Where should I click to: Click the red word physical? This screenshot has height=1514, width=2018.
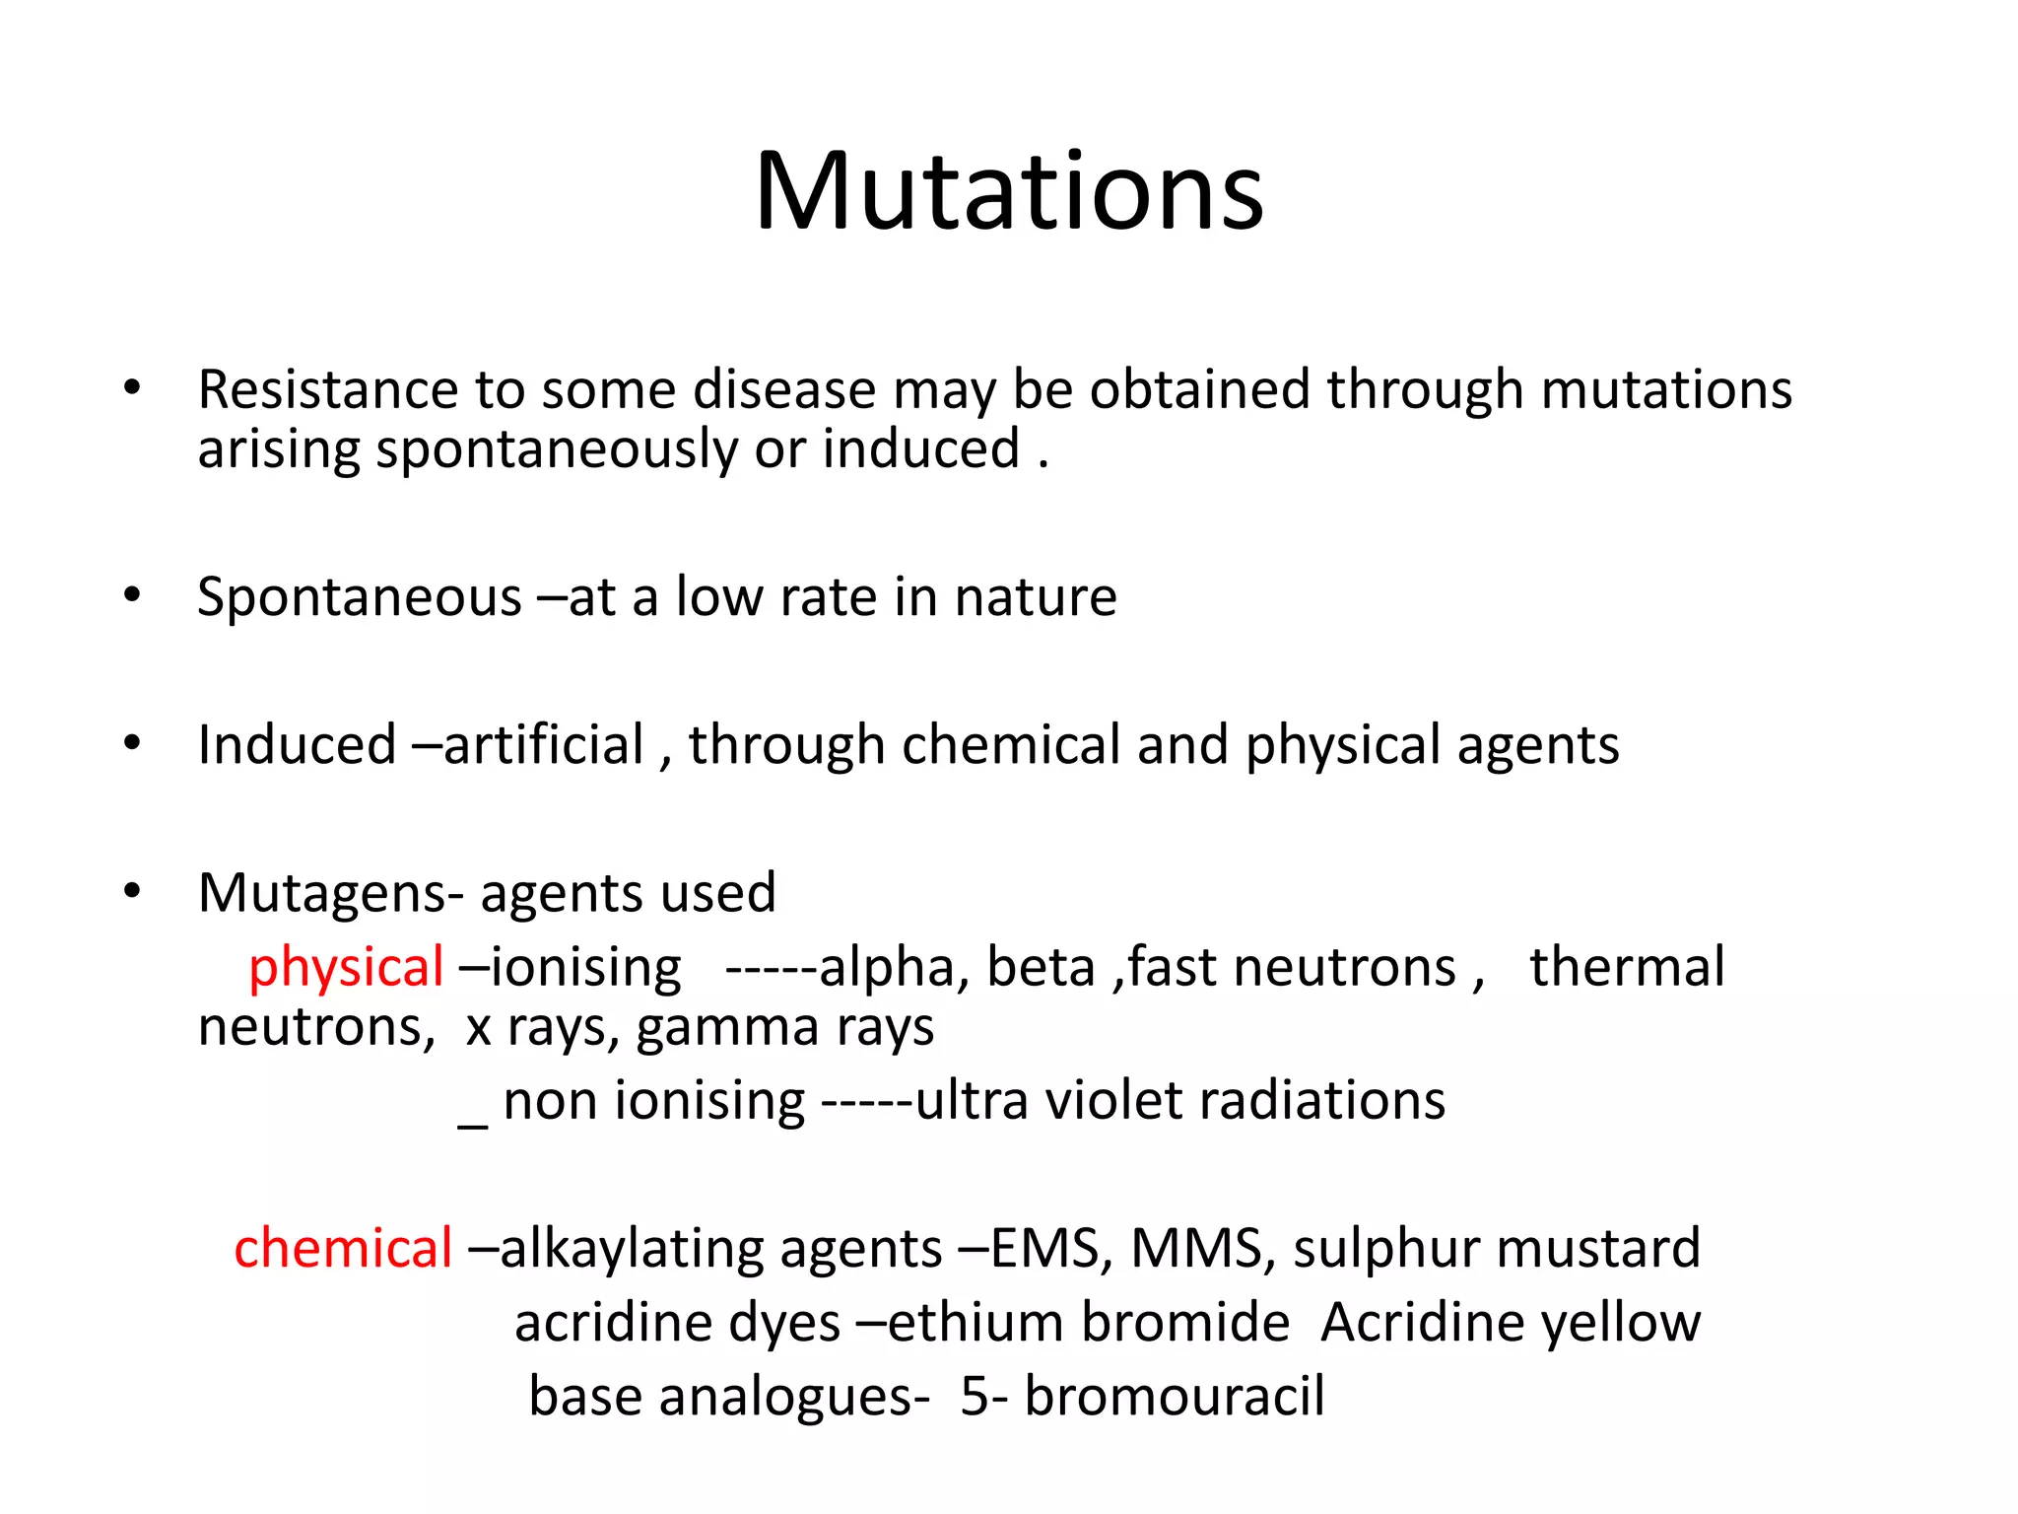(345, 968)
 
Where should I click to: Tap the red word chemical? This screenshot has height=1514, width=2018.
(343, 1249)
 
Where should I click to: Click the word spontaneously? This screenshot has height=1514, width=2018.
(556, 450)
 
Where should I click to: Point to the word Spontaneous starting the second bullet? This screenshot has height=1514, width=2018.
(359, 597)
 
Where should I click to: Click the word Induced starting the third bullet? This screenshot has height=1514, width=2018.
(297, 745)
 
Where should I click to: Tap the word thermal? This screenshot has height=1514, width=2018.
(1627, 967)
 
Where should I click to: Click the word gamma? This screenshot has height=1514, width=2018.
(727, 1028)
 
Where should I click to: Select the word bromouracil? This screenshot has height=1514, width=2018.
(1174, 1397)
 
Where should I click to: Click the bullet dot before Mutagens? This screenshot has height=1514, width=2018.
(133, 892)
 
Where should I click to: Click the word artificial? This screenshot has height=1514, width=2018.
(544, 745)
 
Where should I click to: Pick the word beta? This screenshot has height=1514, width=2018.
(1041, 967)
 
